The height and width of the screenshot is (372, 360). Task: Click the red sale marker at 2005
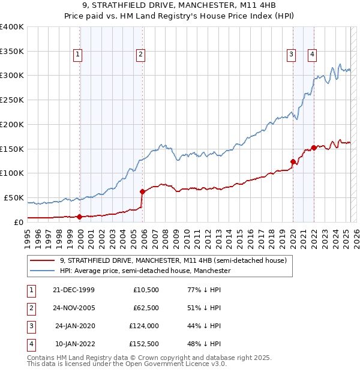143,191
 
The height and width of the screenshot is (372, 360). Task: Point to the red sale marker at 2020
293,161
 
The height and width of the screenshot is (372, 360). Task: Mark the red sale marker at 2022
314,148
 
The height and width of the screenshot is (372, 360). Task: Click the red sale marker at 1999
80,217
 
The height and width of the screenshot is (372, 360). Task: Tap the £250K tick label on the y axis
12,100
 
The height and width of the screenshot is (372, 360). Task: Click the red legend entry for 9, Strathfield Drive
173,261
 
